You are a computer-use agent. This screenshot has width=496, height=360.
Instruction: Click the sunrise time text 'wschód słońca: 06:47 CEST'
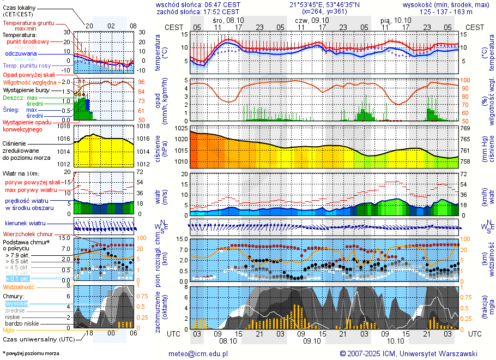pos(198,4)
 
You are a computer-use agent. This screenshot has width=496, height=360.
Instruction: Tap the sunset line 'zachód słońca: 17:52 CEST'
pos(198,11)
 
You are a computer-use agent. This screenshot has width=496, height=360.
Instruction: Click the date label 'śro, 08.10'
pos(228,20)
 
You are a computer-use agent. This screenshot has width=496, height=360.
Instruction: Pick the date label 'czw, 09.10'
pos(309,20)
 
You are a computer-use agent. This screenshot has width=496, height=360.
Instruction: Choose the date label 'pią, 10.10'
pos(396,20)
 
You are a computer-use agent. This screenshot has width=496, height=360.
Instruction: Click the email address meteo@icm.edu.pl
pos(198,353)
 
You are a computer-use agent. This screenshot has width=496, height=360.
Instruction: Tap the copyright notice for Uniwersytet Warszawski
pos(408,353)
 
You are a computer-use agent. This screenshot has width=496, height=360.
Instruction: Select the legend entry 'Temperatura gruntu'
pos(28,23)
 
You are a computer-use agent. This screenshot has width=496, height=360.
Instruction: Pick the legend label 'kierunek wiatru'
pos(26,224)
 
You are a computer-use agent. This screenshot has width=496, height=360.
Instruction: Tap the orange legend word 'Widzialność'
pos(19,286)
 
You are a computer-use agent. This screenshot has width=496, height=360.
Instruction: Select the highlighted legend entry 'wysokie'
pos(16,303)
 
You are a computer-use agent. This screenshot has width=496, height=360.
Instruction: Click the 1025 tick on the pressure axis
pos(181,128)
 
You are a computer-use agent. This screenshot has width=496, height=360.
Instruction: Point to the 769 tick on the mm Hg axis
pos(465,128)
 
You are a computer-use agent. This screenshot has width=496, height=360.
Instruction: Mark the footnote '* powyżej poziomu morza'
pos(31,353)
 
